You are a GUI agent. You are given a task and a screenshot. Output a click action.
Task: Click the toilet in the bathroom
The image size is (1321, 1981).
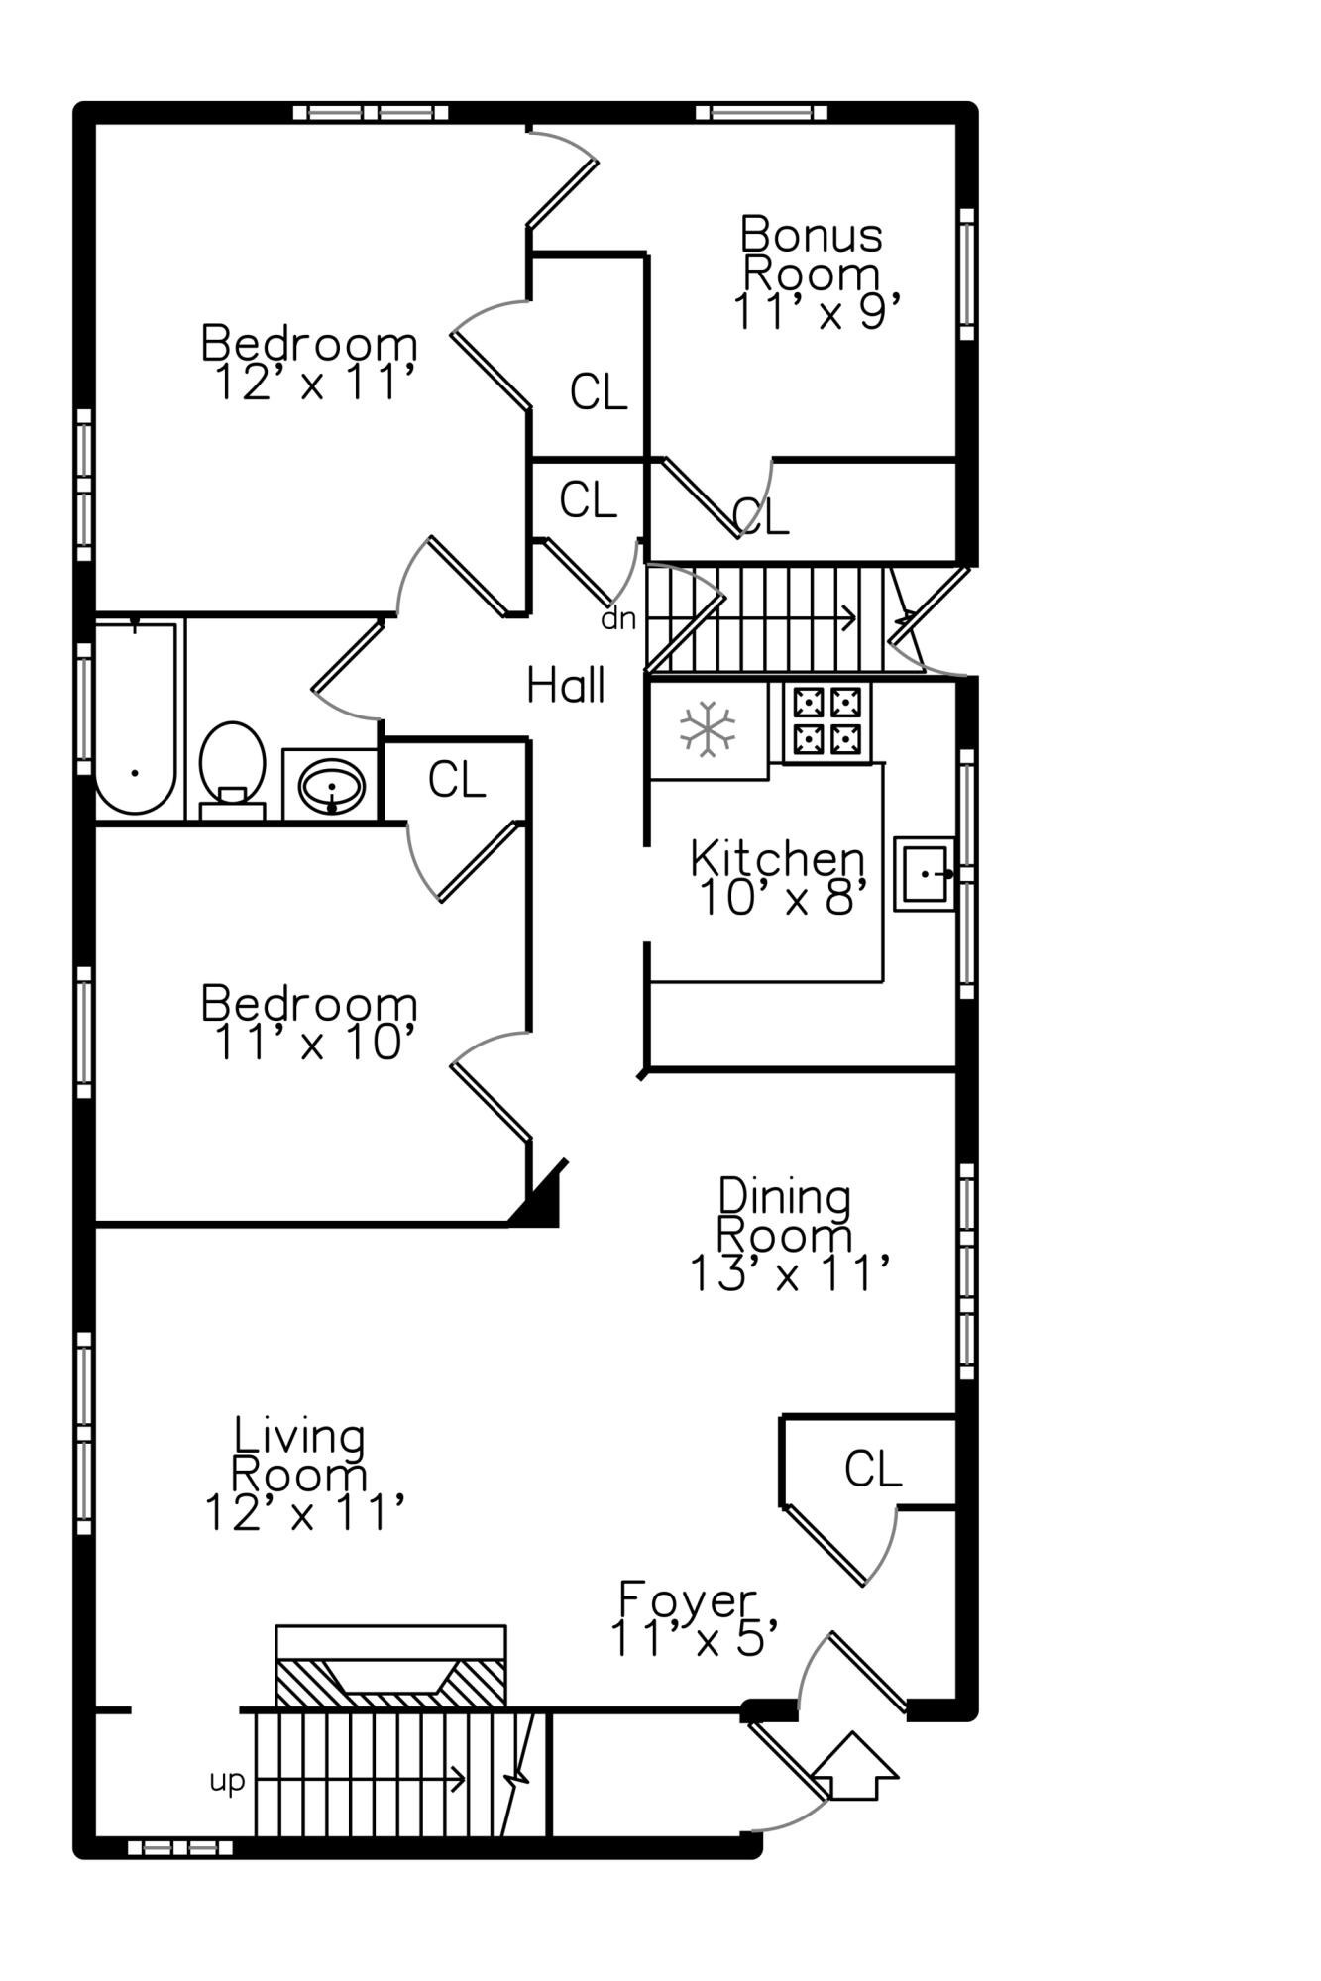[232, 770]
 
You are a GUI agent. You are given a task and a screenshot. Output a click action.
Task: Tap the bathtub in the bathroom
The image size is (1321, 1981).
[136, 717]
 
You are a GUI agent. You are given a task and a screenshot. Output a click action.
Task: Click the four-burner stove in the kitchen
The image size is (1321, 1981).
[826, 720]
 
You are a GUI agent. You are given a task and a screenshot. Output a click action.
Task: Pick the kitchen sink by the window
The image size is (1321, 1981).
[925, 873]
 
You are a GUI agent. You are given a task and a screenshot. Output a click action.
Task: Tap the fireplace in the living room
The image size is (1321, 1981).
[390, 1667]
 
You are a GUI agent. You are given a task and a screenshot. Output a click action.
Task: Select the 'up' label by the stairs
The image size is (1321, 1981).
[227, 1782]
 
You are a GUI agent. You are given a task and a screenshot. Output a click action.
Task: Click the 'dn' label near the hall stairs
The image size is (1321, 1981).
[618, 618]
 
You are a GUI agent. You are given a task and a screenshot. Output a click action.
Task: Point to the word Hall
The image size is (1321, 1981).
[566, 685]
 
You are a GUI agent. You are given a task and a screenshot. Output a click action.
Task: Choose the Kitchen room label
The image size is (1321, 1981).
[777, 858]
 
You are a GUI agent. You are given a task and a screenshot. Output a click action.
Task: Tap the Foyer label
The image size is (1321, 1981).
[688, 1599]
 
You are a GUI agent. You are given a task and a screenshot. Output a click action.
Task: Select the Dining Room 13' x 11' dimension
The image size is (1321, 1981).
[789, 1273]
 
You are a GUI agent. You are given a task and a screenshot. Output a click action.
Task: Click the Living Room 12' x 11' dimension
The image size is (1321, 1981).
[305, 1512]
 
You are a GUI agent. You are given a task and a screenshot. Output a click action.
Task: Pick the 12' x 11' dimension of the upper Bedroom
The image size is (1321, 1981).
[313, 383]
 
